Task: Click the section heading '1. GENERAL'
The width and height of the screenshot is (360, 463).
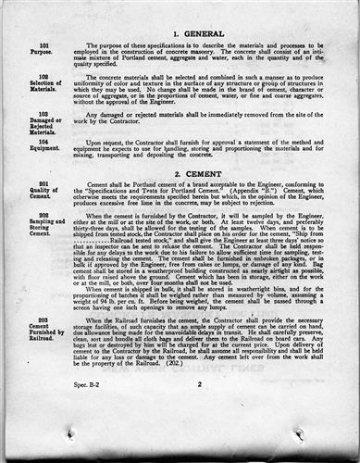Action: [197, 32]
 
